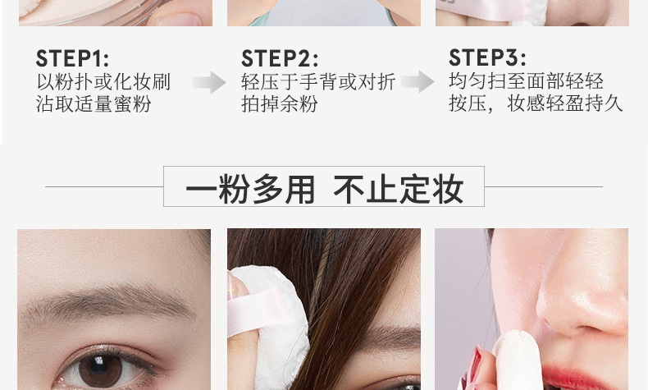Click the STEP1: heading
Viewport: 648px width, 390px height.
point(72,58)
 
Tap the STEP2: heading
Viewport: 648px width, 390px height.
point(280,58)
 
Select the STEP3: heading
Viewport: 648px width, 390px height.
point(488,57)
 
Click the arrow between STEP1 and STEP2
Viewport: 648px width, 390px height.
point(209,82)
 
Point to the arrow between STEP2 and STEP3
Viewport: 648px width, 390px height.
point(418,81)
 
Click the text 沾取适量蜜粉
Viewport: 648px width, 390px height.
point(94,103)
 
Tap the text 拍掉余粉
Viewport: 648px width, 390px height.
point(280,103)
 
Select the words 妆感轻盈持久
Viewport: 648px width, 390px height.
point(565,103)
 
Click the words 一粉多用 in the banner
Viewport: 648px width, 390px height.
point(250,190)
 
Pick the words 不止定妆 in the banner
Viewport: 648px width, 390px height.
point(398,190)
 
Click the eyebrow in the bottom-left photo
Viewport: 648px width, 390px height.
point(107,304)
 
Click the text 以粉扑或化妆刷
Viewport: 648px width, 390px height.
point(103,82)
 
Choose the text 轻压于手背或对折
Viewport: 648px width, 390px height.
point(318,82)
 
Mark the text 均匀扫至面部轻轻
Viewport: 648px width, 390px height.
point(526,81)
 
